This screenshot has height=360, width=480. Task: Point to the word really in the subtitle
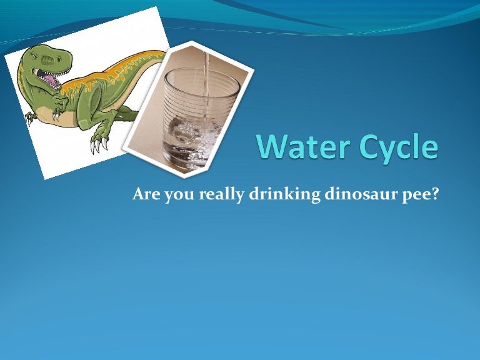(x=225, y=195)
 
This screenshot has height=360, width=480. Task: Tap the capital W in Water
(x=271, y=147)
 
